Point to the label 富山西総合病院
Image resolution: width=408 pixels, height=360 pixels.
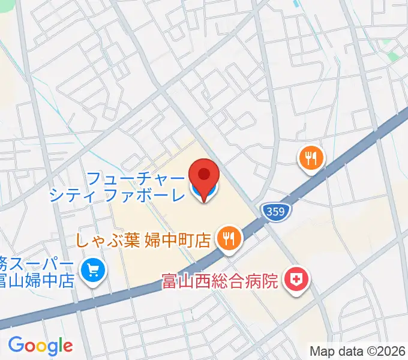click(x=220, y=280)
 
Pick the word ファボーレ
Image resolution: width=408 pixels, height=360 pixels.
click(x=145, y=195)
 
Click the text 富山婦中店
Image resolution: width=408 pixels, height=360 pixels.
click(x=37, y=280)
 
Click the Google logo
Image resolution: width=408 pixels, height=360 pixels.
click(x=40, y=345)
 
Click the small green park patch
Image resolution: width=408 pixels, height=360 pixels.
click(x=393, y=56)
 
